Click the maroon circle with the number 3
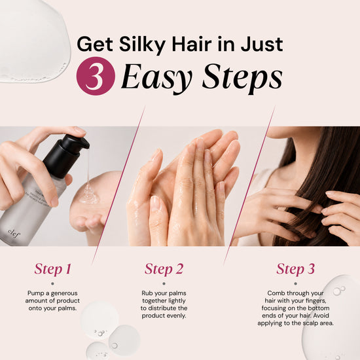pos(96,76)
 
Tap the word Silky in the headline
pos(142,45)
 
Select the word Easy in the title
pos(156,77)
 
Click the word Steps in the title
pos(242,78)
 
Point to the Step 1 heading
pos(52,269)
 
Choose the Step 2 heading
pos(164,269)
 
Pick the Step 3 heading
pos(295,269)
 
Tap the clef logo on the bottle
pos(14,234)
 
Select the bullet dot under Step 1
pos(52,284)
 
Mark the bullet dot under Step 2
pos(164,284)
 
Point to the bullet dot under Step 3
pos(295,284)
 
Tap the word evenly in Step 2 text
pos(176,316)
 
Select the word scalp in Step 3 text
pos(310,323)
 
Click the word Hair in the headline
pos(192,44)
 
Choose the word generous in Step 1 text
pos(64,294)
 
